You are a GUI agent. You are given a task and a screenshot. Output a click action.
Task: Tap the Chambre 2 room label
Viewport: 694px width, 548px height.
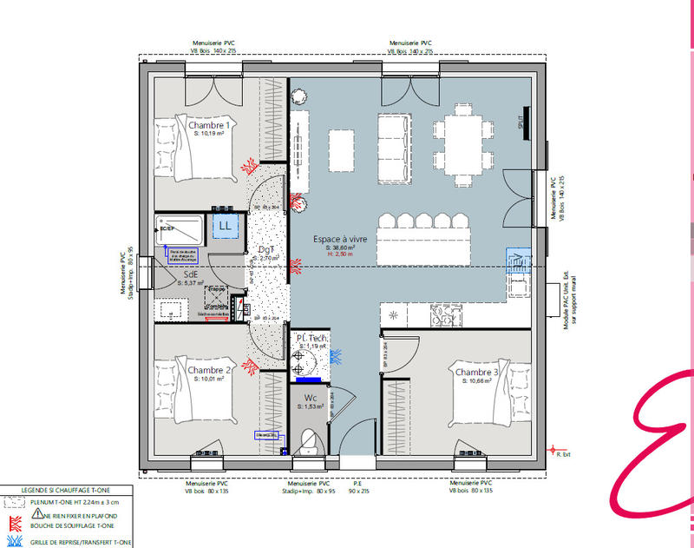point(209,370)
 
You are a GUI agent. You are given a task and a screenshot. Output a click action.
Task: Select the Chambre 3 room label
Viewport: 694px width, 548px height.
point(477,372)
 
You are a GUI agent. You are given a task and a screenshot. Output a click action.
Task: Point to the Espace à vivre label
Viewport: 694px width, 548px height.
point(340,238)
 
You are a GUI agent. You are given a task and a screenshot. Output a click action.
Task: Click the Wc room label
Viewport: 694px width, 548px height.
point(310,397)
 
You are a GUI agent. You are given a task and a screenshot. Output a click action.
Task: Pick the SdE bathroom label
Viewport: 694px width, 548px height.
point(191,274)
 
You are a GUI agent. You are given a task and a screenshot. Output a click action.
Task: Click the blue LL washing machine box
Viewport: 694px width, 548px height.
point(226,225)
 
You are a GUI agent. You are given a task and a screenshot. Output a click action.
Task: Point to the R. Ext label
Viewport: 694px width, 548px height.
point(563,454)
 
